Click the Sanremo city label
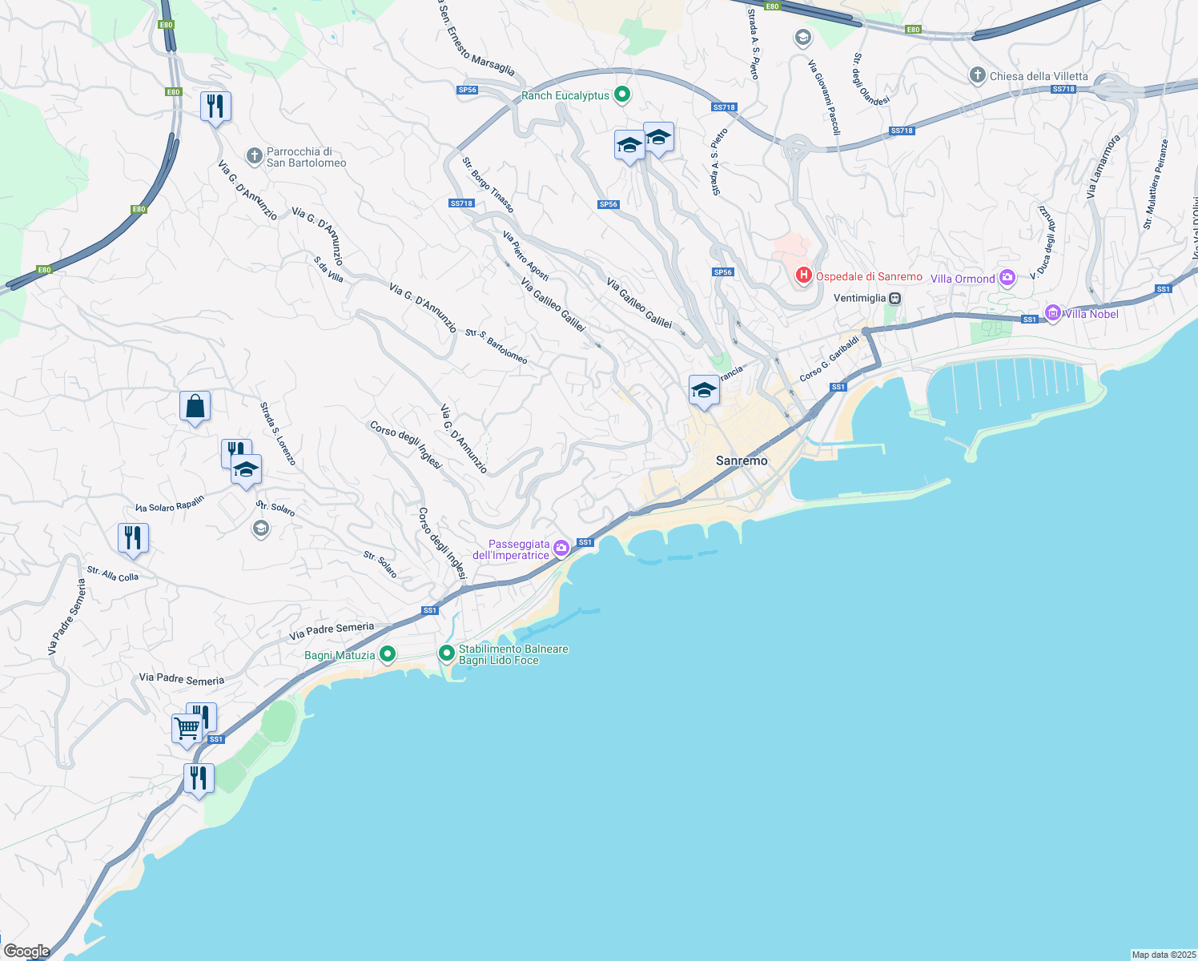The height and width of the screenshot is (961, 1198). click(741, 460)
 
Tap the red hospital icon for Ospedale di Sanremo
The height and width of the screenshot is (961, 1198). click(803, 276)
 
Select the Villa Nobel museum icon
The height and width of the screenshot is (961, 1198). click(1053, 313)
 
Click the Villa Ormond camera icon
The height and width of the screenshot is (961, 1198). click(1007, 279)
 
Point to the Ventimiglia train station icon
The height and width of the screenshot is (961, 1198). click(895, 298)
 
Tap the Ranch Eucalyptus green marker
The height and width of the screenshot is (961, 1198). click(621, 95)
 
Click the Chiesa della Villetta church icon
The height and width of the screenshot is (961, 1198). click(977, 76)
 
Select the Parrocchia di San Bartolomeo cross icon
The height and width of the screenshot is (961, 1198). click(255, 156)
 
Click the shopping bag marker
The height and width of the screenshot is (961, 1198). click(195, 407)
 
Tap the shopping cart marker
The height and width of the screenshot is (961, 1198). click(187, 729)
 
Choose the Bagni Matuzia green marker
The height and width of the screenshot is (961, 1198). click(388, 654)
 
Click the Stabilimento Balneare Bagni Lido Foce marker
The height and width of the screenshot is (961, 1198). click(447, 653)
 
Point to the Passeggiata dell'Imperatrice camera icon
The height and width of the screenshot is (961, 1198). click(561, 549)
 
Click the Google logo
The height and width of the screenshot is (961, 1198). click(26, 951)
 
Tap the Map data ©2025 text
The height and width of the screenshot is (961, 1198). click(1163, 955)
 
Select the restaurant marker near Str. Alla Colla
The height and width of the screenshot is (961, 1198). click(133, 538)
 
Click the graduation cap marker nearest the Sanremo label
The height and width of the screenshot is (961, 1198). click(704, 391)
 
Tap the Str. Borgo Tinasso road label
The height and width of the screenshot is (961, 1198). click(488, 185)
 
